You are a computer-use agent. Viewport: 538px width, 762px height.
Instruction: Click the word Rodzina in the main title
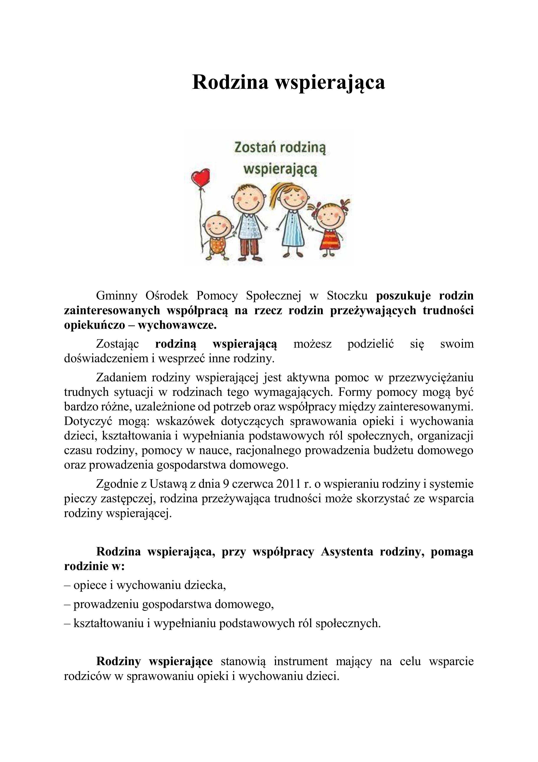pyautogui.click(x=230, y=82)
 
